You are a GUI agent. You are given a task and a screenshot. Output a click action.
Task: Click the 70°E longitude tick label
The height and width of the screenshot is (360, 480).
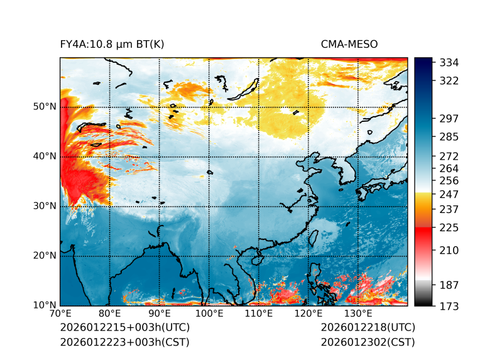pyautogui.click(x=60, y=314)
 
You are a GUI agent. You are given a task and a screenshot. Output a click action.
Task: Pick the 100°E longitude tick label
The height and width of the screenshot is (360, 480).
pyautogui.click(x=209, y=314)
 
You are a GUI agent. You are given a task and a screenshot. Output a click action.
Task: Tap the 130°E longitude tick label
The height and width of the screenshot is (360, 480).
pyautogui.click(x=358, y=314)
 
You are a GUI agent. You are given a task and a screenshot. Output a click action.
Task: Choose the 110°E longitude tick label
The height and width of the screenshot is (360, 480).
pyautogui.click(x=259, y=314)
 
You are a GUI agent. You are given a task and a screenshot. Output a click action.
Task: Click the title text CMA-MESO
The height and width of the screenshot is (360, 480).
pyautogui.click(x=349, y=44)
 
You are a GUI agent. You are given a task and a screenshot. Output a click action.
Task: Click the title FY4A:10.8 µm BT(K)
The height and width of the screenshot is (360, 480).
pyautogui.click(x=112, y=44)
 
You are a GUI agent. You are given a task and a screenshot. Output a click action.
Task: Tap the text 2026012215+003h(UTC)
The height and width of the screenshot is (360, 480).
pyautogui.click(x=124, y=327)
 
